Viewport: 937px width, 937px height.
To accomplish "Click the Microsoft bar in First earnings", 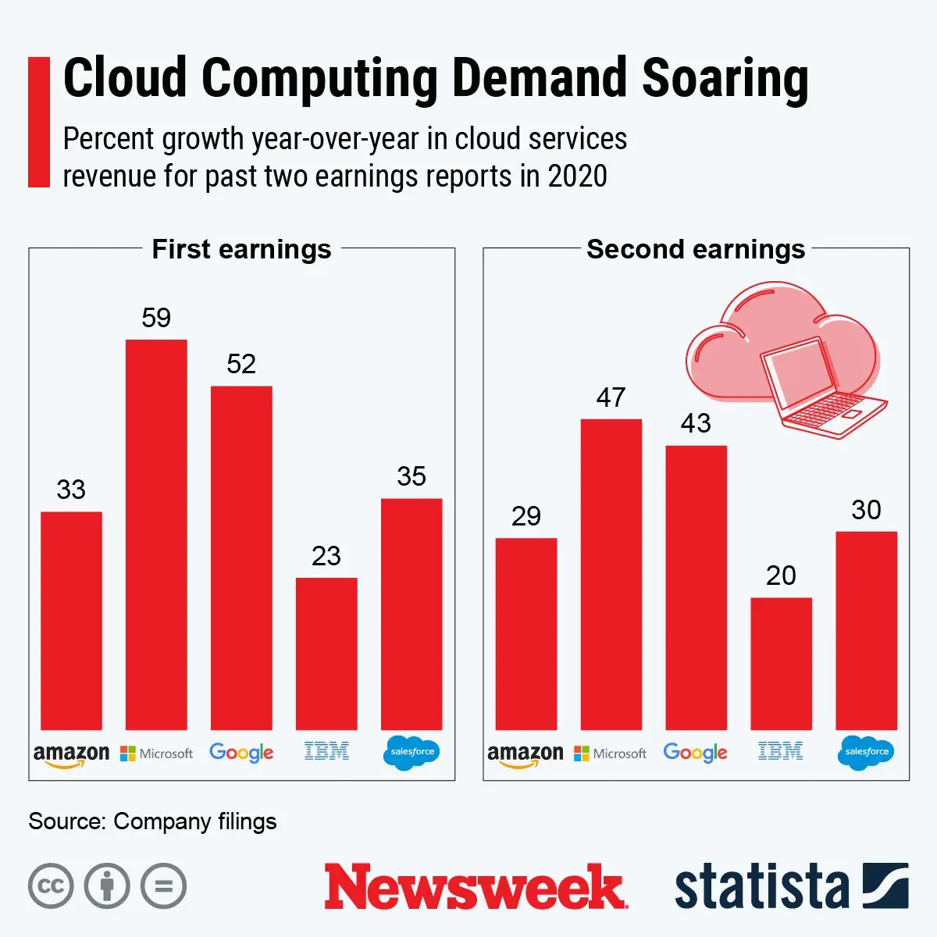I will pos(156,535).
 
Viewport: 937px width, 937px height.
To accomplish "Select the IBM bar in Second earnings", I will pos(781,664).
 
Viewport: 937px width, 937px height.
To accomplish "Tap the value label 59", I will pos(156,318).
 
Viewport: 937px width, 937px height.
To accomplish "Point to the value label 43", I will pos(696,423).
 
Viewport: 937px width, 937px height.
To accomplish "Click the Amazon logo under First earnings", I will pos(71,754).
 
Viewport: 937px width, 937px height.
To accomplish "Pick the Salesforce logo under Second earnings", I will pos(866,752).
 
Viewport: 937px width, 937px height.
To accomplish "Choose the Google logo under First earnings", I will pos(241,753).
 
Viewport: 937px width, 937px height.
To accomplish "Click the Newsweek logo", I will pos(475,887).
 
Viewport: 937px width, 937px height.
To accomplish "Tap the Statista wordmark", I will pos(761,887).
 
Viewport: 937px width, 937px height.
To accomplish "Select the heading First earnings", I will pos(241,249).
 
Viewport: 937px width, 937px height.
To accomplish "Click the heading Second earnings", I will pos(696,249).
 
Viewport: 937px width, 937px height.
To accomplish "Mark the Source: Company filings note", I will pos(152,821).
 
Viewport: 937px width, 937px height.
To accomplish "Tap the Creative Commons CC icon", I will pos(51,886).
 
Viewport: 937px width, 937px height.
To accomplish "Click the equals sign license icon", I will pos(164,886).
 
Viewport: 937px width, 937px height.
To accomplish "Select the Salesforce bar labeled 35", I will pos(411,614).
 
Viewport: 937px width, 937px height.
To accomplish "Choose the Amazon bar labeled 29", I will pos(526,634).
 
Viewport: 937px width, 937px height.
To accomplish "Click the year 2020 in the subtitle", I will pos(577,176).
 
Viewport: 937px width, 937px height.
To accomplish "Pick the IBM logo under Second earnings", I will pos(780,752).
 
